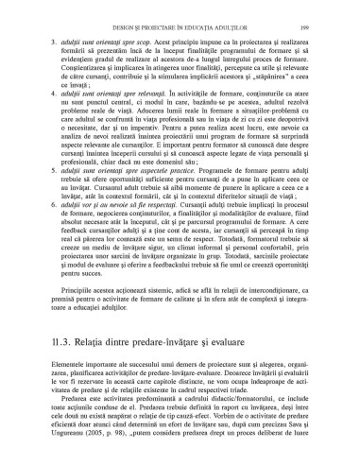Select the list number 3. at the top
[x=49, y=44]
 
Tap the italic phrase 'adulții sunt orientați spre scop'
[x=94, y=44]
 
